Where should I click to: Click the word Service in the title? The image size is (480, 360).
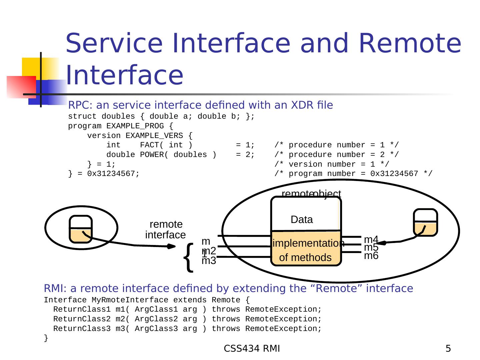coord(115,43)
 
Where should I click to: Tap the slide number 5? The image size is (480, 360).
coord(448,349)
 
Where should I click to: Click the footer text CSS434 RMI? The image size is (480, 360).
coord(252,349)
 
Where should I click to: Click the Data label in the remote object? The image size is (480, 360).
coord(302,220)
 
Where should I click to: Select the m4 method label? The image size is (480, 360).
coord(371,239)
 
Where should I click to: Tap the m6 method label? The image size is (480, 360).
coord(371,256)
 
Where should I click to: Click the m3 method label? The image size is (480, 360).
coord(209,261)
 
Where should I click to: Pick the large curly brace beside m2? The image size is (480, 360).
coord(189,257)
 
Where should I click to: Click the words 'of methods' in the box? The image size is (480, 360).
coord(305,257)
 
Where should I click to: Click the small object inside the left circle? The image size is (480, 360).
coord(81,229)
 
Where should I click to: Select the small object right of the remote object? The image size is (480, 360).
coord(425,222)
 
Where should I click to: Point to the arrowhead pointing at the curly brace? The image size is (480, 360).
coord(171,247)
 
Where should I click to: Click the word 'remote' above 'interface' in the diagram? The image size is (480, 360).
coord(166,224)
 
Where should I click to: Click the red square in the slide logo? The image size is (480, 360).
coord(21,87)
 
